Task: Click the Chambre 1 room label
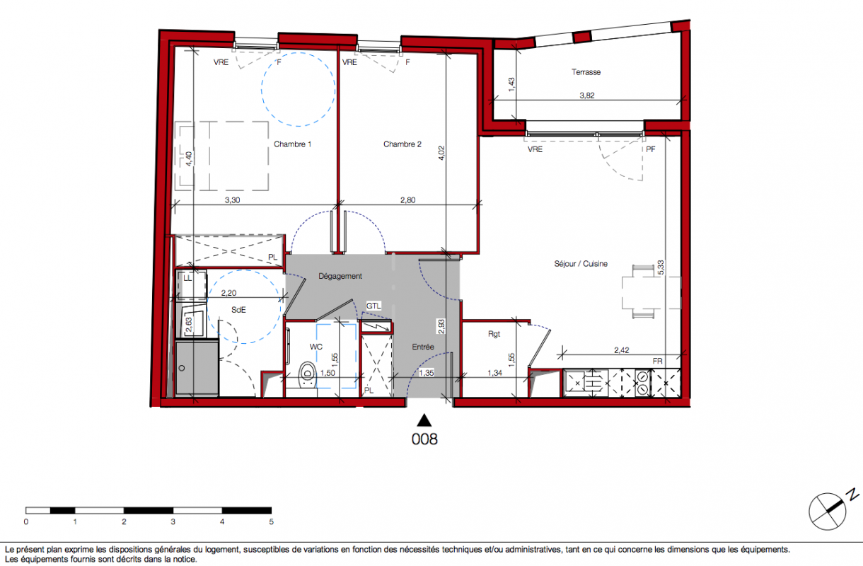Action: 292,144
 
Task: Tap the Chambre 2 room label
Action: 402,144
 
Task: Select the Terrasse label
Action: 586,72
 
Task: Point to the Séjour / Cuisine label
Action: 581,264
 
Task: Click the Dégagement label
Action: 340,276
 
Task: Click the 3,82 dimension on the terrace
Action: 586,96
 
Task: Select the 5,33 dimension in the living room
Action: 661,267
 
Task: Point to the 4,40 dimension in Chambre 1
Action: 189,158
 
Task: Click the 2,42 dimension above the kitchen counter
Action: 622,350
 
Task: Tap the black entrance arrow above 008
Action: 424,420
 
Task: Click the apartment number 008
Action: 424,439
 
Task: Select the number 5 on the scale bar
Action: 271,521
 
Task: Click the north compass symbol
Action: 829,510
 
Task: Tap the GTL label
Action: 373,306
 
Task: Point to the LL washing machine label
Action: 187,278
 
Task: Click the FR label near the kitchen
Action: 657,361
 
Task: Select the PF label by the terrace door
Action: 650,149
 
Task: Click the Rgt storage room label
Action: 494,334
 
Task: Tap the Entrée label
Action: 423,347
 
